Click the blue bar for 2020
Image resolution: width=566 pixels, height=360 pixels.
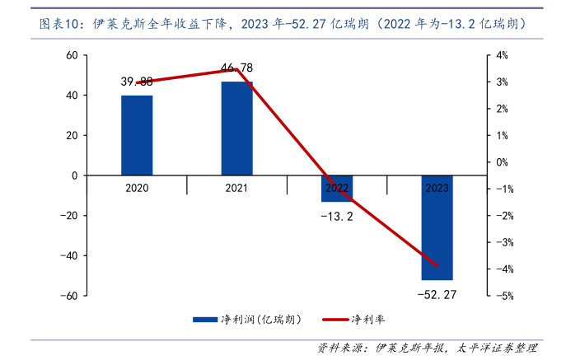click(x=137, y=135)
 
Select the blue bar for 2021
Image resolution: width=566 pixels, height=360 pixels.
click(x=237, y=129)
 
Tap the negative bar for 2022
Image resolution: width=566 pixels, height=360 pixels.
click(x=337, y=189)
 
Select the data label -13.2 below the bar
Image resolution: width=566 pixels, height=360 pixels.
click(x=337, y=217)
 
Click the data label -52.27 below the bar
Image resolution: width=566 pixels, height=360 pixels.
click(x=437, y=293)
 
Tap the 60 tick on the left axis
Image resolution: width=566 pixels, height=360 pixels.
click(x=72, y=55)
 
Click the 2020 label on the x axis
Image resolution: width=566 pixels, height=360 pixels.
click(x=137, y=188)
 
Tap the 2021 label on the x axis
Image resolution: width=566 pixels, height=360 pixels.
click(x=237, y=188)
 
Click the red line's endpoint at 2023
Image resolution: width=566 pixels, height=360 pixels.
click(x=437, y=266)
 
